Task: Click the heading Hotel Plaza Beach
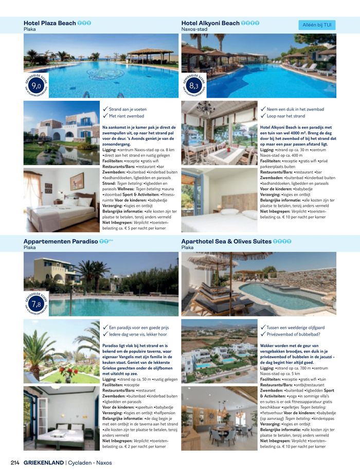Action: tap(50, 23)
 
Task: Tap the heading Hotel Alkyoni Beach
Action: tap(210, 23)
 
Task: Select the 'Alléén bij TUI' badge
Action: tap(316, 25)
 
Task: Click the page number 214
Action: tap(15, 463)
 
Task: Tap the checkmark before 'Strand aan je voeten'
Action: tap(105, 109)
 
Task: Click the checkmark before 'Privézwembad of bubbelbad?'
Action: tap(263, 334)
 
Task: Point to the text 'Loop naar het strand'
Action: tap(286, 116)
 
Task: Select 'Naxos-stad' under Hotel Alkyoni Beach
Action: tap(194, 30)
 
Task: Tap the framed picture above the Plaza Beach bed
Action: tap(77, 181)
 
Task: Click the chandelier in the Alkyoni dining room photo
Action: tap(205, 108)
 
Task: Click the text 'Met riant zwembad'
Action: tap(127, 116)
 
